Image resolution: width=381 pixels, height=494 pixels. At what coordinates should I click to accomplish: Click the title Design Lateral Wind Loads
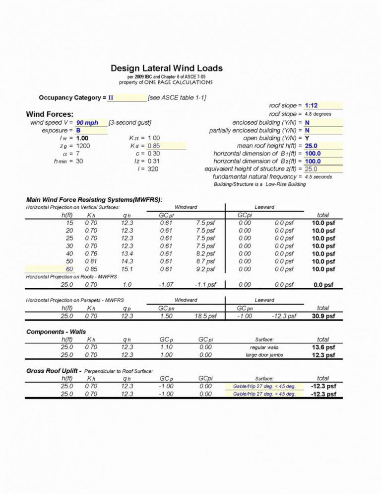166,68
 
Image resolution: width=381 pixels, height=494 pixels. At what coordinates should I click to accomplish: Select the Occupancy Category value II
111,98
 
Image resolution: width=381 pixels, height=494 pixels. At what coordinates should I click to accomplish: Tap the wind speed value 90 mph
87,123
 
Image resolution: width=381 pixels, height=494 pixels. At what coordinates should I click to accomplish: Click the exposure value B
78,130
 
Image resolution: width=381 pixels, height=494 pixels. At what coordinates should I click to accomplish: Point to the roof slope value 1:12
312,106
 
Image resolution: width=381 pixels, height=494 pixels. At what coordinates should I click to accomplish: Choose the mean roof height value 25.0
311,146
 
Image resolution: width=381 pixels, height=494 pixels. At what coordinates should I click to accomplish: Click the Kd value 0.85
154,146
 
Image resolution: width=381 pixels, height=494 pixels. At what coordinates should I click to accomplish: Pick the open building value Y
308,138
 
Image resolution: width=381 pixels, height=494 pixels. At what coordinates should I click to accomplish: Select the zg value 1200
83,146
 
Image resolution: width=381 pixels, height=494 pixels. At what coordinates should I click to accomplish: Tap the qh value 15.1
127,269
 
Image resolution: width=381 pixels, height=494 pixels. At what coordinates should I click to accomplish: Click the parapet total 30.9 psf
322,316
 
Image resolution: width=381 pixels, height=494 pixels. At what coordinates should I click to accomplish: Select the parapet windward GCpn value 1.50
166,316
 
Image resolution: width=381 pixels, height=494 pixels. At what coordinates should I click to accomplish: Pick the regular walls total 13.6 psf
322,347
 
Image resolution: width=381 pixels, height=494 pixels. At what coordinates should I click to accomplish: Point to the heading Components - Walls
56,331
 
